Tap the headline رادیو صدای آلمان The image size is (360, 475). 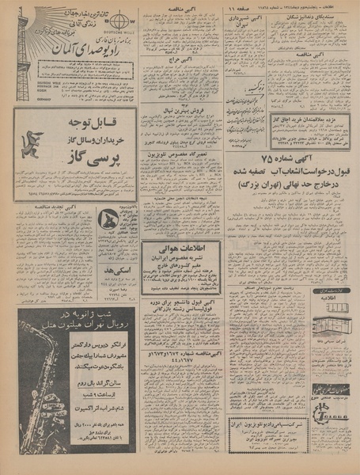(x=84, y=51)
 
